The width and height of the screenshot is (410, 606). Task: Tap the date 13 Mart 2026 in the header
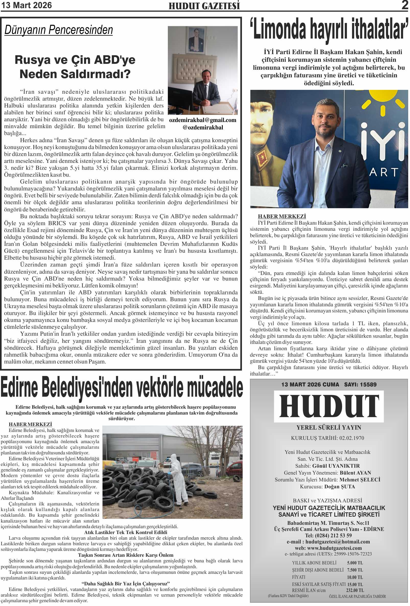[26, 5]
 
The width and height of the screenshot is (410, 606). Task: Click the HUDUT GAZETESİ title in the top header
[204, 6]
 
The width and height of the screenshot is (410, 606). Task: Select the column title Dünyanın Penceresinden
[59, 30]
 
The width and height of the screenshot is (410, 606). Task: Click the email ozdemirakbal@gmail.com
[203, 120]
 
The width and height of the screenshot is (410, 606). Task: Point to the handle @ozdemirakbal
[203, 128]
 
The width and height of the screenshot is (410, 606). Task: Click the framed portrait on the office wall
[196, 41]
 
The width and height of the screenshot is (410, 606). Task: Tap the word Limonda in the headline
[279, 29]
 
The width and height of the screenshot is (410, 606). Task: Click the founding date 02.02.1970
[352, 438]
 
